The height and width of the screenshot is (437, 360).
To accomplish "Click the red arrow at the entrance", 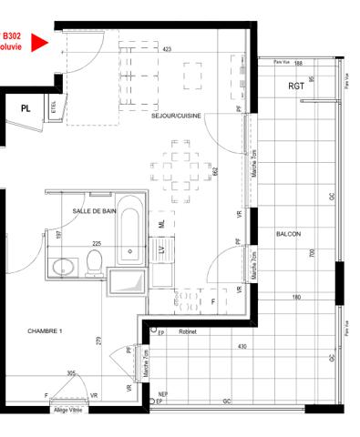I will [38, 42].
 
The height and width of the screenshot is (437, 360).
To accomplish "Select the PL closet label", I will [26, 107].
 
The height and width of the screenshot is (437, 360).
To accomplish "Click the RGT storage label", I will [296, 86].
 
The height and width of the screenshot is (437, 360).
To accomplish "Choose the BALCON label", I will [288, 234].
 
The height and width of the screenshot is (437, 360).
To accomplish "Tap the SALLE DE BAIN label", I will [95, 210].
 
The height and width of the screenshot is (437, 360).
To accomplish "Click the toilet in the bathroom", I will [93, 263].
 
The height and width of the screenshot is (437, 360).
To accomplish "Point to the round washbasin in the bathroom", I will [63, 267].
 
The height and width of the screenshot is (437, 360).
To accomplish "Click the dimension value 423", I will [167, 49].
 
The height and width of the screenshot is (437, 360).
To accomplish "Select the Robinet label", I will [189, 332].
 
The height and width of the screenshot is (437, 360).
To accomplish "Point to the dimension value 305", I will [71, 373].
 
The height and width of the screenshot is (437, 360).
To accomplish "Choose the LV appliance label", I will [163, 248].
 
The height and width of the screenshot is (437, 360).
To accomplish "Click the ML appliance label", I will [162, 223].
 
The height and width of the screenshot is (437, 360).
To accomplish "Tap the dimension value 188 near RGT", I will [297, 63].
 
